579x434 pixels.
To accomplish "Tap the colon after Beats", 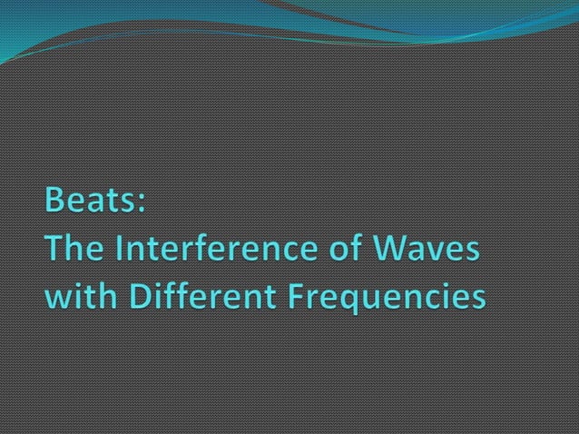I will (140, 202).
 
